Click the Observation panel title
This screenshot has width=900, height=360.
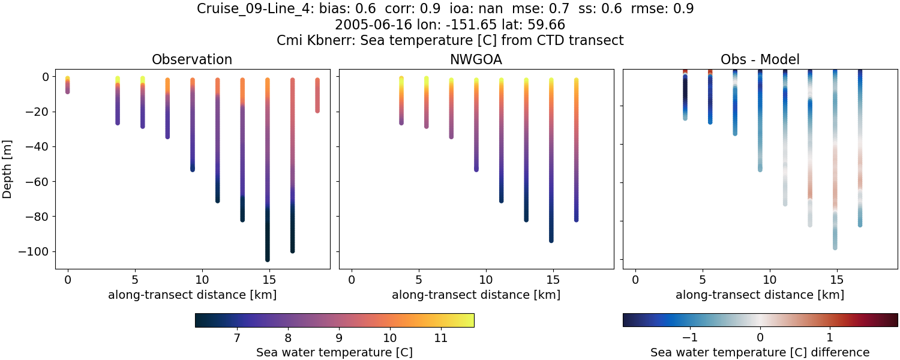coord(192,59)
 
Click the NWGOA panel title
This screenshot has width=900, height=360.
coord(476,59)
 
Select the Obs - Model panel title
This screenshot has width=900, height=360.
coord(760,59)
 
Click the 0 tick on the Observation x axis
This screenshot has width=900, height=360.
coord(68,280)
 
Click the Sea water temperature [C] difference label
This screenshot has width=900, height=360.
coord(760,352)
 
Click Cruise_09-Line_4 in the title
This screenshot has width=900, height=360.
coord(248,9)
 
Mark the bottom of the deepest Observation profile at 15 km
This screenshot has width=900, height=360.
coord(267,259)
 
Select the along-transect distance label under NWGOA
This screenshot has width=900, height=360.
coord(476,295)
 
